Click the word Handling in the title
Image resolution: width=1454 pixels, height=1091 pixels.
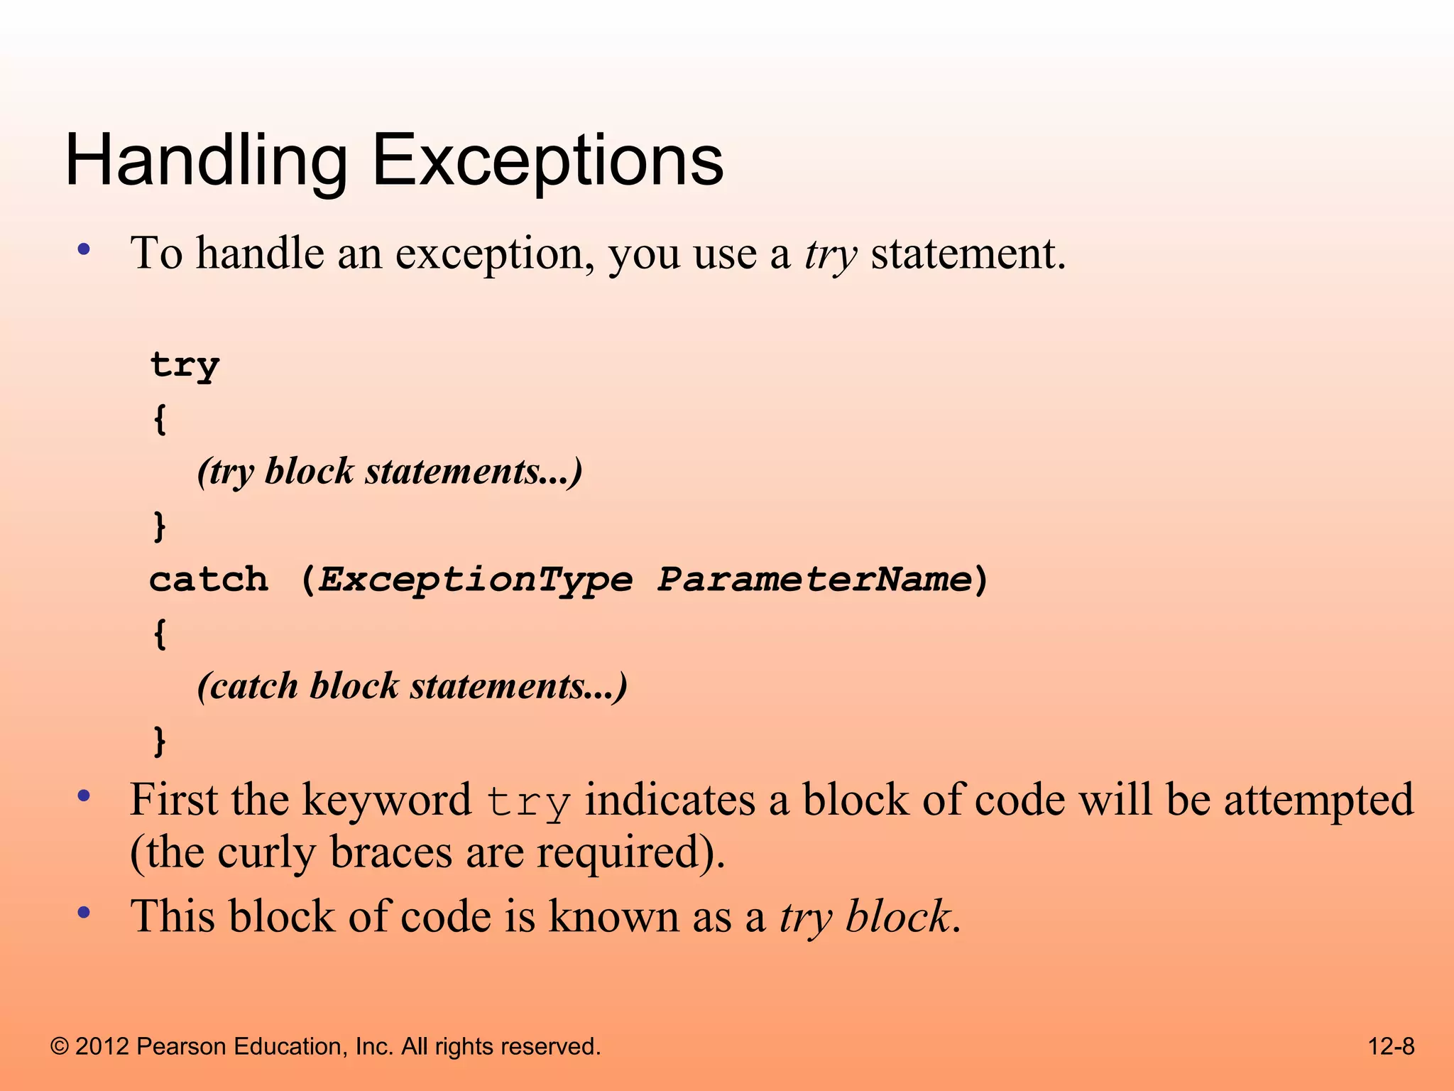click(206, 162)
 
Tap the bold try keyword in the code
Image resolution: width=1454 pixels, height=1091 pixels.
click(185, 366)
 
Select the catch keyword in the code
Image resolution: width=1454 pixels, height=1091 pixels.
click(209, 580)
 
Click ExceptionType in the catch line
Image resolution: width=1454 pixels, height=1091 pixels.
click(474, 580)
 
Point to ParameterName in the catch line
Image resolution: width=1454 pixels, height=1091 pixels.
click(814, 580)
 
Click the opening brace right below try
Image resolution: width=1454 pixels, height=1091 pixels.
click(160, 419)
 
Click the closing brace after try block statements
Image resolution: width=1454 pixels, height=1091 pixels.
click(160, 526)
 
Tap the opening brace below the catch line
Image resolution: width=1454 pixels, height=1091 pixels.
click(160, 634)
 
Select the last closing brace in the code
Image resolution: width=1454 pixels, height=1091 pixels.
click(160, 741)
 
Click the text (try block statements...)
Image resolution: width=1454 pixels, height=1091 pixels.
click(389, 472)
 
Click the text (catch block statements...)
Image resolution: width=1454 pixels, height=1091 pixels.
click(412, 687)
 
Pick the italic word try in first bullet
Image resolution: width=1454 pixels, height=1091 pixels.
click(830, 254)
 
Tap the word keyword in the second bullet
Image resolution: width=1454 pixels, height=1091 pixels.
click(386, 800)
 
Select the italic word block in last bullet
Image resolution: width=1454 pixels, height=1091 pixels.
click(897, 916)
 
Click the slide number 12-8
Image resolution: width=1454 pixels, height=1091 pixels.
click(1391, 1046)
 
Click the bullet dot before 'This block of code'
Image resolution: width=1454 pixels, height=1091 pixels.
click(84, 913)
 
